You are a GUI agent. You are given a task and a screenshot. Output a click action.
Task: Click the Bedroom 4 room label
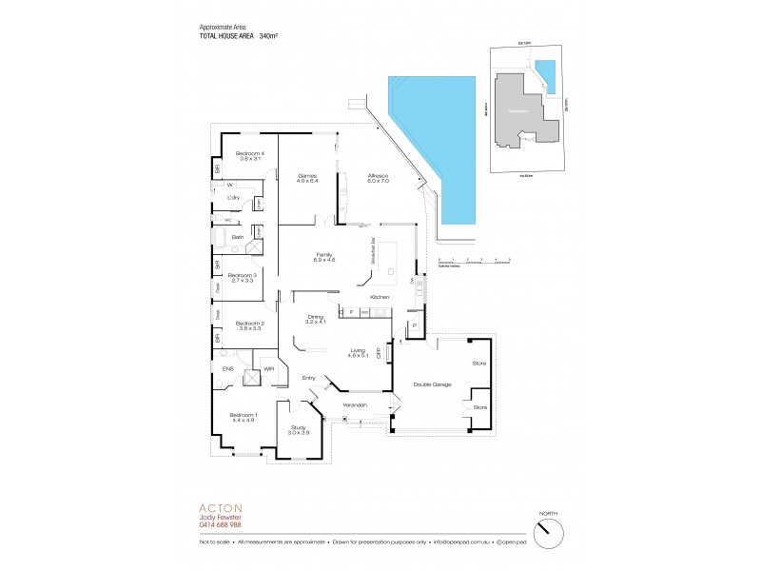click(250, 156)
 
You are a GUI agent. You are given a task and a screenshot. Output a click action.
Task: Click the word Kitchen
click(380, 298)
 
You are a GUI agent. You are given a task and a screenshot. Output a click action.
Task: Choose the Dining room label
click(315, 319)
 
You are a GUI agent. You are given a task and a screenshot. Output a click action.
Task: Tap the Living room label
click(359, 351)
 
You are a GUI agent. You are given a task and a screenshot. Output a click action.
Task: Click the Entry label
click(308, 378)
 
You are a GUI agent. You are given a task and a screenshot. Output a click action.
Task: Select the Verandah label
click(356, 405)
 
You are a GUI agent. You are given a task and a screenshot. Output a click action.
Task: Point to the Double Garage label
click(432, 384)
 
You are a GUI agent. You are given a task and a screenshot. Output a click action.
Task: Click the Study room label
click(299, 430)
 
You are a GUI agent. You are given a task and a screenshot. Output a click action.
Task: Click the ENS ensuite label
click(227, 367)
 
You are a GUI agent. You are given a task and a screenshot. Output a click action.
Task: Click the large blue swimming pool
click(428, 143)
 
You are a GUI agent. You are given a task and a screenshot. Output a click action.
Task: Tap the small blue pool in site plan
click(544, 71)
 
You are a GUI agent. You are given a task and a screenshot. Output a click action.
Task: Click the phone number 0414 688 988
click(221, 524)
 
